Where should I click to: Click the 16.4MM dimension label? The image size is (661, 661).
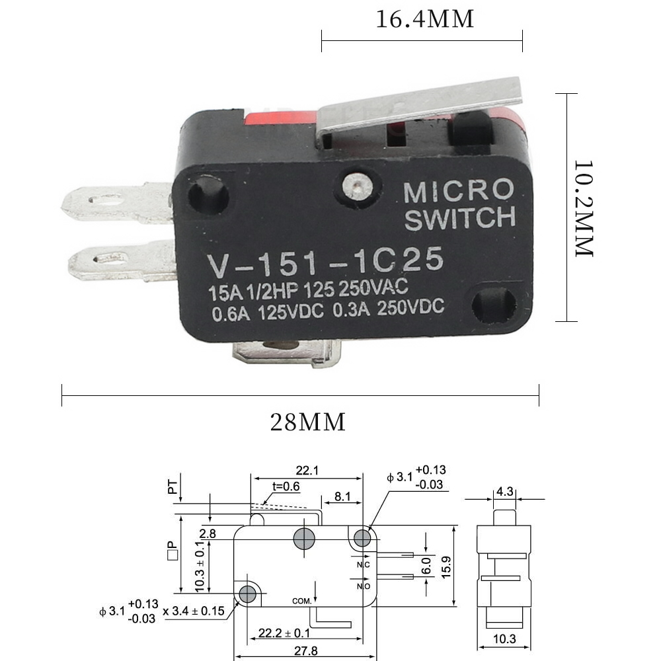pyautogui.click(x=424, y=19)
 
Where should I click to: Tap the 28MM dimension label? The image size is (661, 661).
pyautogui.click(x=308, y=422)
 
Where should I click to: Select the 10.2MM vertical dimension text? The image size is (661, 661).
pyautogui.click(x=584, y=208)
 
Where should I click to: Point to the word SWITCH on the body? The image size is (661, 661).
pyautogui.click(x=460, y=218)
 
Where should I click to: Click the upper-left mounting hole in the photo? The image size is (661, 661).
pyautogui.click(x=208, y=195)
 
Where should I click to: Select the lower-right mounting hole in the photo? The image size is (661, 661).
pyautogui.click(x=493, y=305)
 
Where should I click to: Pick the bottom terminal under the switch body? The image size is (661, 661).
pyautogui.click(x=287, y=352)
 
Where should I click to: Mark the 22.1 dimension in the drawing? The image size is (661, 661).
pyautogui.click(x=307, y=471)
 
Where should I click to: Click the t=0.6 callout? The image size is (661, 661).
pyautogui.click(x=286, y=486)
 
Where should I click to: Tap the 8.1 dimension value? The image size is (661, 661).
pyautogui.click(x=342, y=496)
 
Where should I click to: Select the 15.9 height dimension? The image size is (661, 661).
pyautogui.click(x=446, y=567)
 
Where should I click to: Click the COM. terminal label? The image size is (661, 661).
pyautogui.click(x=302, y=601)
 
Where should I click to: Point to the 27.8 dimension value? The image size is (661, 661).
pyautogui.click(x=305, y=651)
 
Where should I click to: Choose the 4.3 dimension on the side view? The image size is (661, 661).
pyautogui.click(x=504, y=492)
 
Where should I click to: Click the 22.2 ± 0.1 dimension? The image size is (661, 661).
pyautogui.click(x=284, y=633)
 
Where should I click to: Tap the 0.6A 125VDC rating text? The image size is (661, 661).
pyautogui.click(x=268, y=313)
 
